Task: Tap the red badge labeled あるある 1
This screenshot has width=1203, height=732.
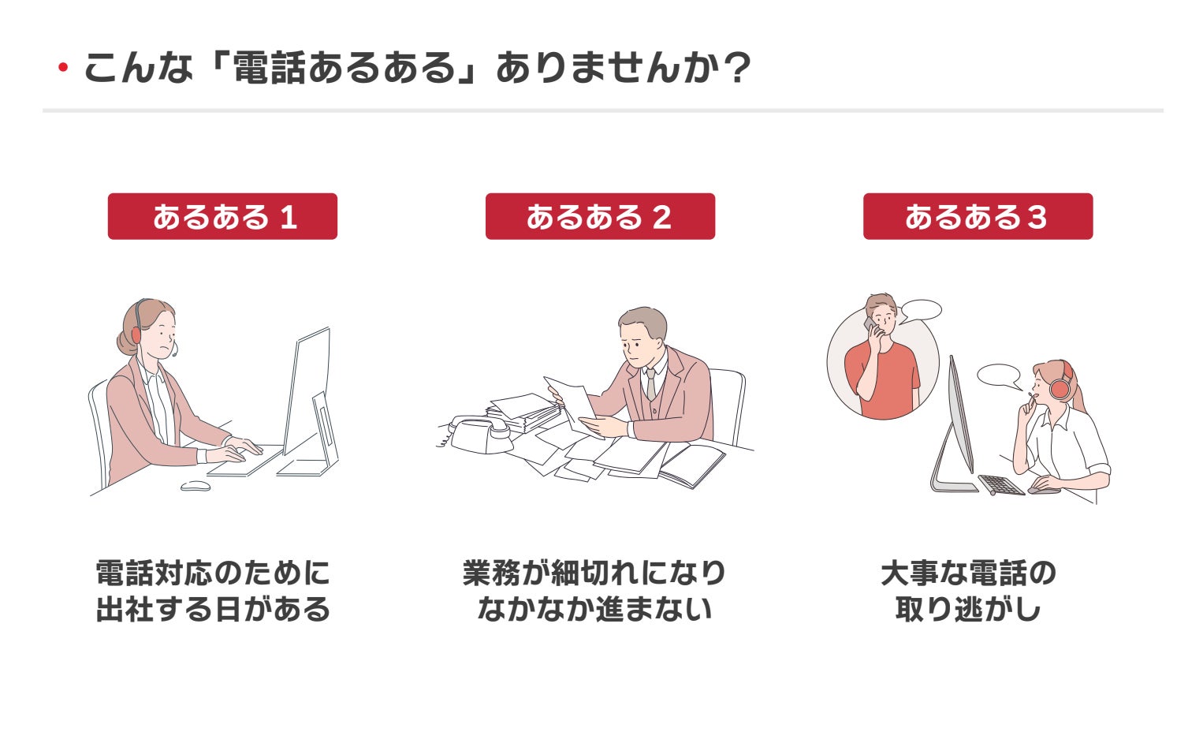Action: pos(222,216)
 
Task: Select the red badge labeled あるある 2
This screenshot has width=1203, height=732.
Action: pos(600,216)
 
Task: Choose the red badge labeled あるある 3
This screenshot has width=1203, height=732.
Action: pos(978,216)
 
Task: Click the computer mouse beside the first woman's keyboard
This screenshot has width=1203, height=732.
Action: pos(196,486)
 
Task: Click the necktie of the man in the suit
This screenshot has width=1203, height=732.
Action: pos(650,384)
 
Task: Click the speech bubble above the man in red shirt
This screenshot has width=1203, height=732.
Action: pos(922,310)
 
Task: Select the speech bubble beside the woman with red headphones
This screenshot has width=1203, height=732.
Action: pos(999,375)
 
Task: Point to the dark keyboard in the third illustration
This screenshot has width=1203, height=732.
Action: pos(1001,484)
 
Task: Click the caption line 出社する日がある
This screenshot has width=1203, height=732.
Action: pos(213,609)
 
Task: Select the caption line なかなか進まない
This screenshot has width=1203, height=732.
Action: pos(594,609)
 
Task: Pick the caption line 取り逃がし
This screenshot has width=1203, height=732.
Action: pos(968,609)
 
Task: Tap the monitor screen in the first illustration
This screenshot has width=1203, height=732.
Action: pos(307,390)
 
